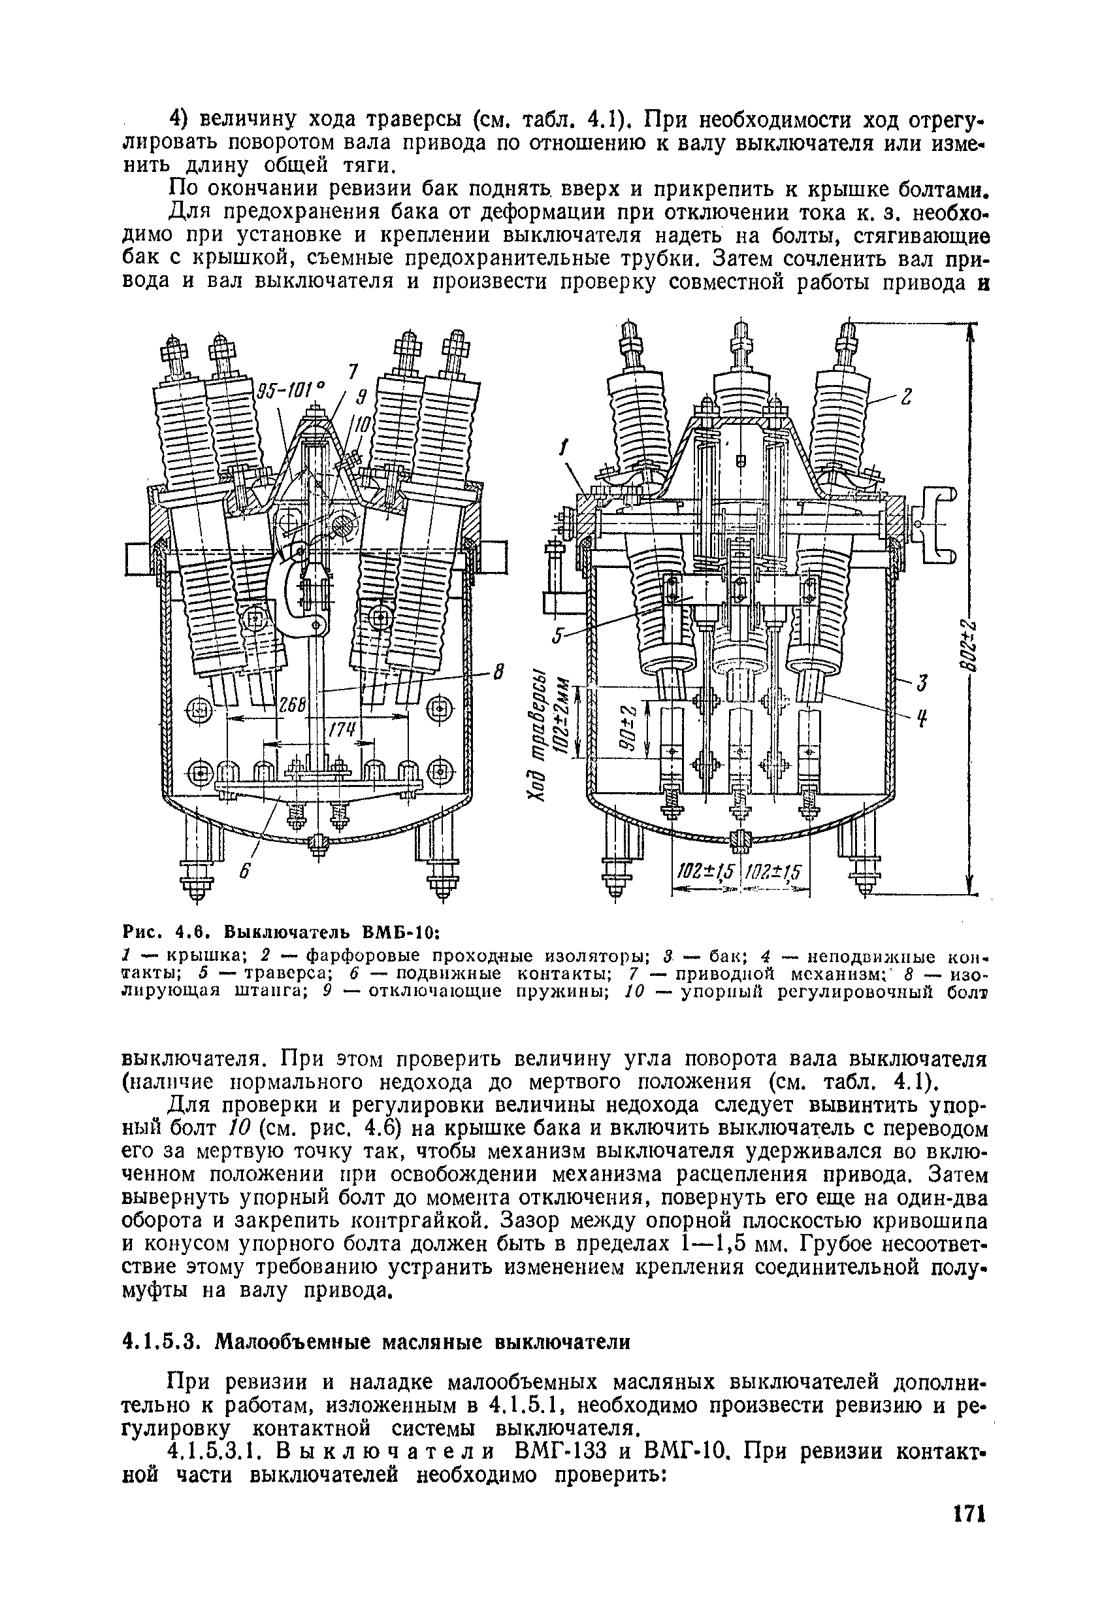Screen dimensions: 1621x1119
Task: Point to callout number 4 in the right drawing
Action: (x=924, y=720)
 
